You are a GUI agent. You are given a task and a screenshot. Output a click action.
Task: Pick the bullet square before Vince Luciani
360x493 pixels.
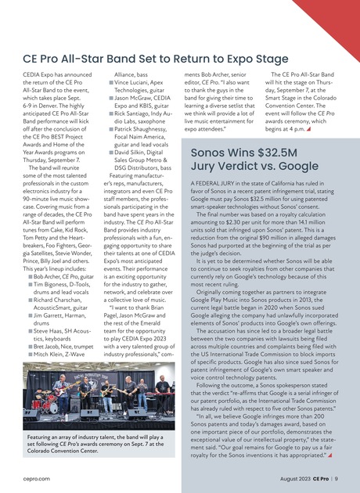pyautogui.click(x=109, y=82)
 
